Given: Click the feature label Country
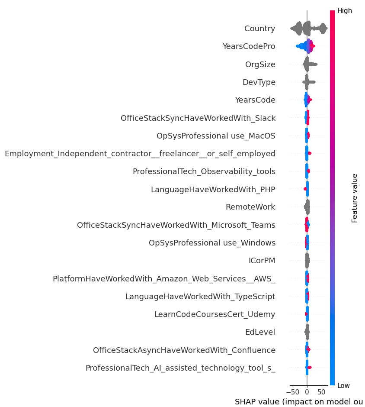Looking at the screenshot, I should coord(259,29).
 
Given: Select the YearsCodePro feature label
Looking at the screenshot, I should coord(249,47).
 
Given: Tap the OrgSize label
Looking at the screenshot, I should coord(260,65).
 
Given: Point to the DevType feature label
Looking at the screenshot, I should coord(259,82).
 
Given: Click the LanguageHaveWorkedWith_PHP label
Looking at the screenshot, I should coord(213,189).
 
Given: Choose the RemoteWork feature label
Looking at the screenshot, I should coord(250,207).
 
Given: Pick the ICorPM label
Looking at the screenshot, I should coord(262,261).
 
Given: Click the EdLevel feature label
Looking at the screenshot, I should coord(260,332).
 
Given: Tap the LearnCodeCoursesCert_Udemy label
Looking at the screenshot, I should coord(215,314).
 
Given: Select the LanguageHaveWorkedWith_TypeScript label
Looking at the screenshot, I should coord(200,297).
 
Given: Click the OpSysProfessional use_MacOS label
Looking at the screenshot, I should coord(216,136).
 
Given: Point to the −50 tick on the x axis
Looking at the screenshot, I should coord(292,392).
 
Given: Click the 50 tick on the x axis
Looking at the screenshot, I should coord(321,392).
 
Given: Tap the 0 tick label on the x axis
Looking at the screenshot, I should coord(307,392).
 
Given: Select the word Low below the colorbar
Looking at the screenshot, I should coord(344,385).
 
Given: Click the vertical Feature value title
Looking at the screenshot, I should coord(355,198).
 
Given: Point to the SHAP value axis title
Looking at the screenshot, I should coord(298,401).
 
